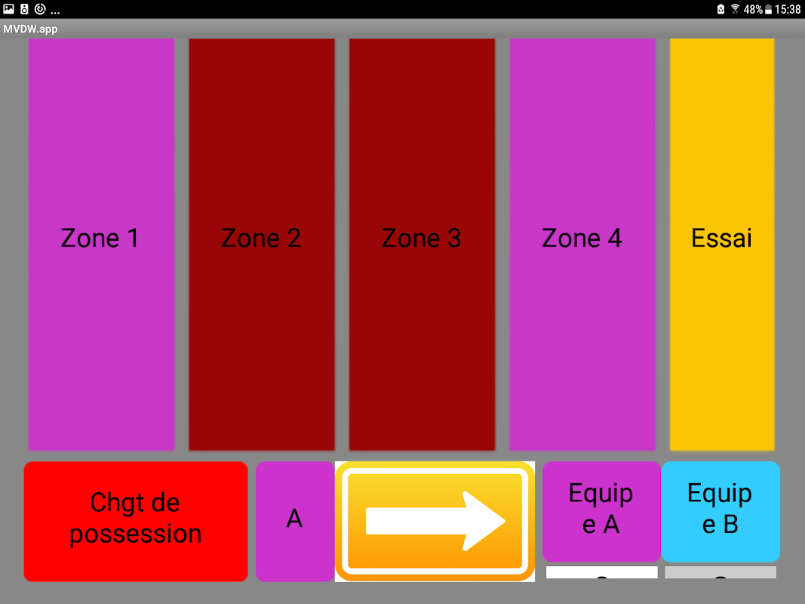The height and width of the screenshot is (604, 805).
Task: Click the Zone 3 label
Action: click(x=421, y=239)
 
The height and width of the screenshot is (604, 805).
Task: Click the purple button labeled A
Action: click(x=294, y=520)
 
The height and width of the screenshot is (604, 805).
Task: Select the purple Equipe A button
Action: click(x=601, y=510)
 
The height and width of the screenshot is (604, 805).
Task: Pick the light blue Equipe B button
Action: click(x=721, y=510)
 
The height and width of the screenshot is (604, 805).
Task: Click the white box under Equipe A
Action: click(x=601, y=572)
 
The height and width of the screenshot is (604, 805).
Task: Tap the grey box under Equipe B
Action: click(x=721, y=572)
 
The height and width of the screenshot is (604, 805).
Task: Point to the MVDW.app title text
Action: click(x=31, y=29)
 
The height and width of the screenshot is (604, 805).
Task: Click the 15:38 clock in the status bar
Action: click(x=787, y=10)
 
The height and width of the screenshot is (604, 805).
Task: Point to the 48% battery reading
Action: click(x=752, y=10)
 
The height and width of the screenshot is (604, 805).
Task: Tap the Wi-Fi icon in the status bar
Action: click(x=736, y=10)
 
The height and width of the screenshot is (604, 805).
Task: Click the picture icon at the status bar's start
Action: click(x=9, y=9)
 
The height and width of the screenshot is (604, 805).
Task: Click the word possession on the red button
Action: click(x=136, y=534)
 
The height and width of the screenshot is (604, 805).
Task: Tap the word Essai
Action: click(x=722, y=239)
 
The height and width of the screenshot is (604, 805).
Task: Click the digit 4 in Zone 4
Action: click(x=615, y=239)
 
